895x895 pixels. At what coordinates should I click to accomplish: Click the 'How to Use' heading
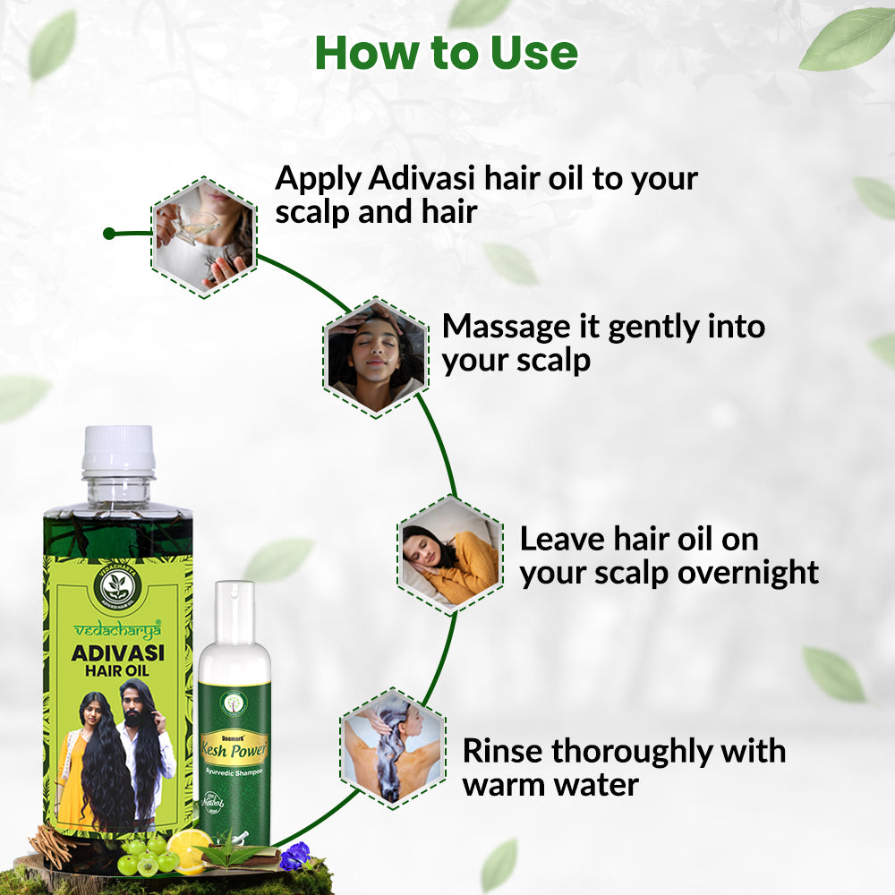point(447,54)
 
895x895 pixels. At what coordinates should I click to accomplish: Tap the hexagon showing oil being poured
point(203,236)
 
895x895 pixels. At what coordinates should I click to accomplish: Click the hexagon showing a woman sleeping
point(448,554)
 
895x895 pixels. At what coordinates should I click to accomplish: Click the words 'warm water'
point(550,785)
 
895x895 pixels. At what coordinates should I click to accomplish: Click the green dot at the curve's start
point(108,234)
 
